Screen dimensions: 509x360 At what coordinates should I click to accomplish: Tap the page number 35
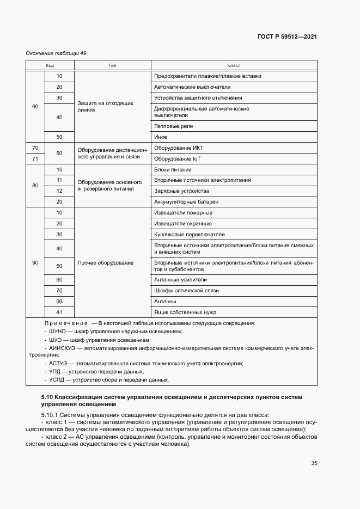(314, 463)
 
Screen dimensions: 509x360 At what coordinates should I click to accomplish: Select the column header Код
(50, 65)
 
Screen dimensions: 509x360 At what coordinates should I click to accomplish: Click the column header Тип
(112, 65)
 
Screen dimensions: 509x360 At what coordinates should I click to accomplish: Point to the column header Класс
(234, 65)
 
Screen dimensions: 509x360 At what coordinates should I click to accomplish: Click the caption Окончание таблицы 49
(56, 53)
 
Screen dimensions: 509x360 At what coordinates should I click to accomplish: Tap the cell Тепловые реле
(174, 126)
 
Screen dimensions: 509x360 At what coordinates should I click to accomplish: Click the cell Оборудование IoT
(179, 158)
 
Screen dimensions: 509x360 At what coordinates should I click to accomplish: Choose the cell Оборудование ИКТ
(179, 148)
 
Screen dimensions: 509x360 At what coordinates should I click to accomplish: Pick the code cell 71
(35, 158)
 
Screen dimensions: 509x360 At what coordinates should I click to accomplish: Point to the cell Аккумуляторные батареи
(186, 202)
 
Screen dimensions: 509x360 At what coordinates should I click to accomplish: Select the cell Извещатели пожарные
(183, 213)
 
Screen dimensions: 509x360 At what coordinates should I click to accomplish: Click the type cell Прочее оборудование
(106, 263)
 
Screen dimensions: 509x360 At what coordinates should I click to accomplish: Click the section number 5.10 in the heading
(47, 398)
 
